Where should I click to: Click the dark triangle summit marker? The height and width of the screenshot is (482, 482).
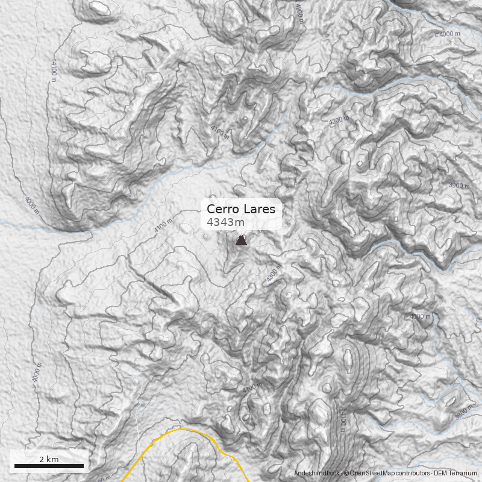pos(241,240)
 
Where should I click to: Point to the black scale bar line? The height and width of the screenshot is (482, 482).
pos(49,466)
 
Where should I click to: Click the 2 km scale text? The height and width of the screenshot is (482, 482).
pos(49,459)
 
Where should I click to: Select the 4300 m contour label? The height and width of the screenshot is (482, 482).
pos(274,277)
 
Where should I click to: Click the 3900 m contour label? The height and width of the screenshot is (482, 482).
pos(459,186)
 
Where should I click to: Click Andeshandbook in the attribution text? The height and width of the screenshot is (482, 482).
pos(317,474)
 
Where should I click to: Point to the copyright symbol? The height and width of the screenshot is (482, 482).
pos(346,474)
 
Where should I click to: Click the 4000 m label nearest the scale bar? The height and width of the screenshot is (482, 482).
pos(37,374)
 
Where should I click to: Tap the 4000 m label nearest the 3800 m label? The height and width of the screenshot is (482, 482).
pos(420,316)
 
